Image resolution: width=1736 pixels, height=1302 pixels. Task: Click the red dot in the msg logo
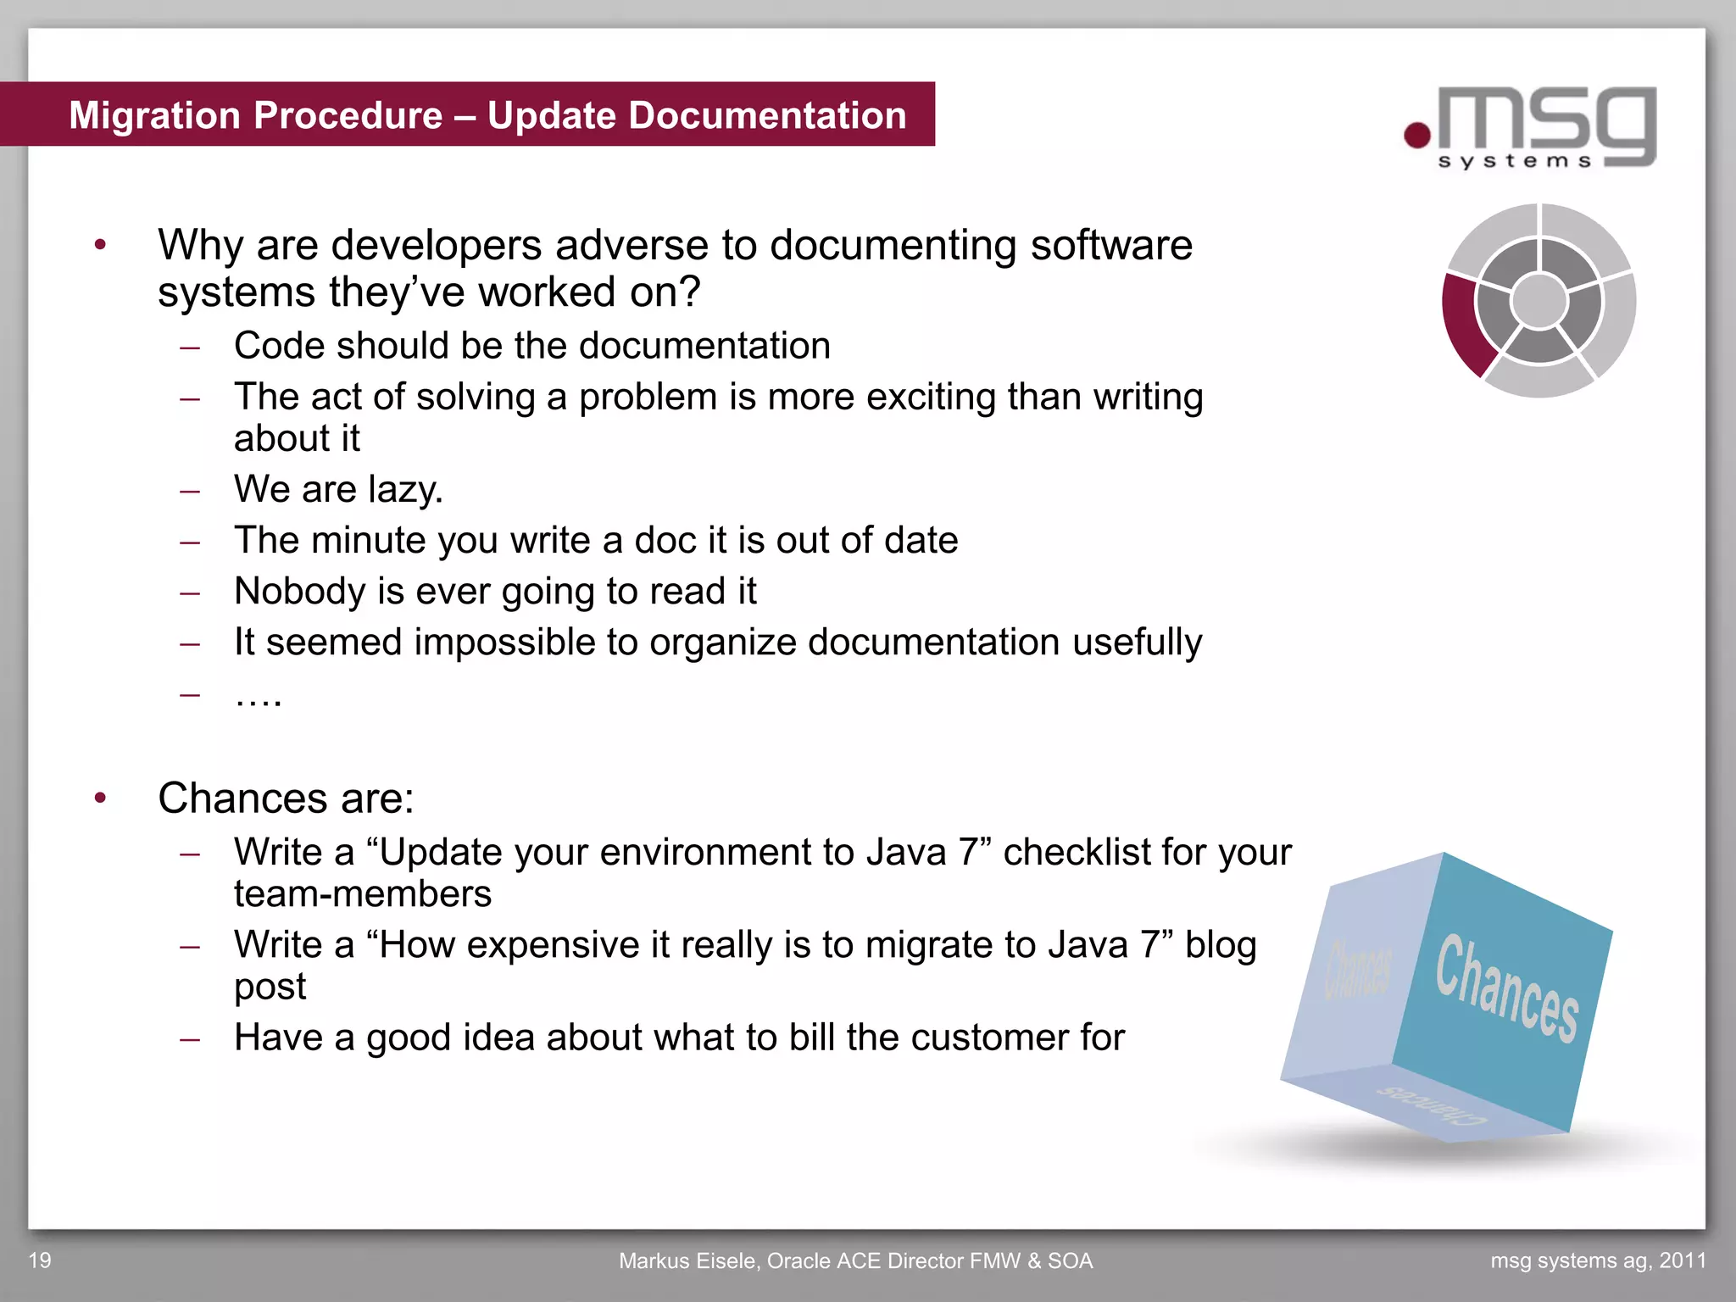[1417, 135]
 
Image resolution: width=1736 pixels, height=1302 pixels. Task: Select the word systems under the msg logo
[1515, 161]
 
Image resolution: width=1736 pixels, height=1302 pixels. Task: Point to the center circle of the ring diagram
[1539, 301]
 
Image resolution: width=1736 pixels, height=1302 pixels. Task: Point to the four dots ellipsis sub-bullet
[258, 696]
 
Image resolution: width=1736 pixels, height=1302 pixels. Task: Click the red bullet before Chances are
[101, 798]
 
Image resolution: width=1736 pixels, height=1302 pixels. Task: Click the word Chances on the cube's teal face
[1507, 988]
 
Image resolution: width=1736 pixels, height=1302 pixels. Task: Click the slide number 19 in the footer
[40, 1260]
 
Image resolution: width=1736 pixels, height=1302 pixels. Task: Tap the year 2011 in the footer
[1683, 1260]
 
